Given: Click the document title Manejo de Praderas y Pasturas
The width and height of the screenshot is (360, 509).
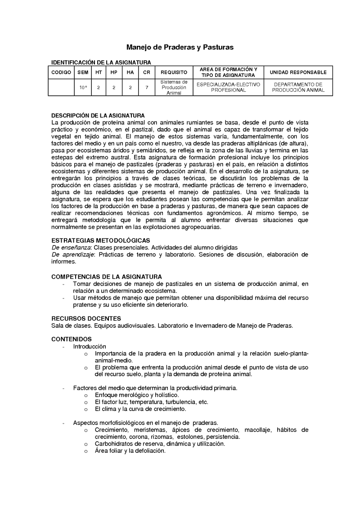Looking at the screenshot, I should pos(180,47).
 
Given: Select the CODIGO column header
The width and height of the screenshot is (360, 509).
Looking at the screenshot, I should pos(61,72).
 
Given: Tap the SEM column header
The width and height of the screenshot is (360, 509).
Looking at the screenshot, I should pos(83,72).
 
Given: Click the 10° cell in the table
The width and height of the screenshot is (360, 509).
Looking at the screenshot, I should pos(83,87).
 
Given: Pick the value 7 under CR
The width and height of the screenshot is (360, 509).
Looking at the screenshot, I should pos(147,87).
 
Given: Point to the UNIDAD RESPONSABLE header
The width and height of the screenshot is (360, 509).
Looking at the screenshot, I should pos(298,72).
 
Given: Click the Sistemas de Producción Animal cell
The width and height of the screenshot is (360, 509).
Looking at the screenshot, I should pos(174,87).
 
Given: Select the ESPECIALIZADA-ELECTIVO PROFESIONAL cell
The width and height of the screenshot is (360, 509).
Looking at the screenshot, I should pos(227,87).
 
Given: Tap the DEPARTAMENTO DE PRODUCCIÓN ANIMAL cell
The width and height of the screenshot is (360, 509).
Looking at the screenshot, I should pos(298,87).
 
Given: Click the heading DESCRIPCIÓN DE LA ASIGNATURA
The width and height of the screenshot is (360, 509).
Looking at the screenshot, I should pos(98,116).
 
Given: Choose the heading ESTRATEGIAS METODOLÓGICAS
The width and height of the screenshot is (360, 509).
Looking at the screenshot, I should pos(101,241).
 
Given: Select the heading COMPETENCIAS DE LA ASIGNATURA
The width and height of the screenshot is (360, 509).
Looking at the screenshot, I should pos(107,277).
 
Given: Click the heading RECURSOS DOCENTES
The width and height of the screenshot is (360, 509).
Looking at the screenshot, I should pos(86,318).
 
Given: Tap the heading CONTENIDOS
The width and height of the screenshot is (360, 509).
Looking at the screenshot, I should pos(72,339).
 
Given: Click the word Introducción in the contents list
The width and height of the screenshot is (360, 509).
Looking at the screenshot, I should pos(90,346).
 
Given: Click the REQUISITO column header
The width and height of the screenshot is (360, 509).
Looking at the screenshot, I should pos(174,72).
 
